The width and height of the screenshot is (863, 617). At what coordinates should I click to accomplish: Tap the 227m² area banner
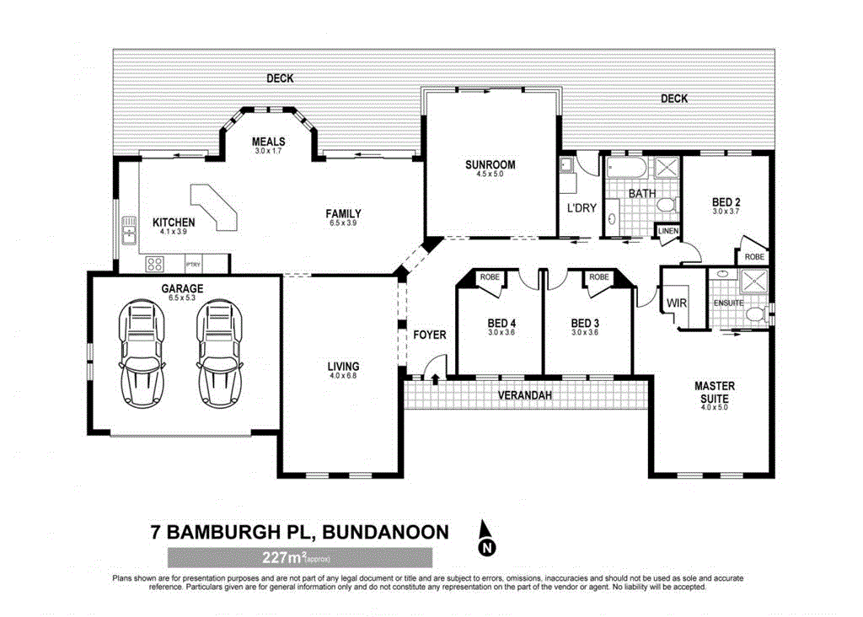[299, 557]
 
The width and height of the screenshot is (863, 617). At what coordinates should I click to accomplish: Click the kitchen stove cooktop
[155, 264]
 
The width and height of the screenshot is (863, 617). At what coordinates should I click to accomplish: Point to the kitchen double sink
[129, 230]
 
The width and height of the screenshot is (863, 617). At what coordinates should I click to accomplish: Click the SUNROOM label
[490, 164]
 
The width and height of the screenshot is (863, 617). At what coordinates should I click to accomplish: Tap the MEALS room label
[268, 142]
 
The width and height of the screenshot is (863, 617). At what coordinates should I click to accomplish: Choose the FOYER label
[429, 335]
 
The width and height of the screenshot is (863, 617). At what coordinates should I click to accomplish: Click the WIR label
[677, 302]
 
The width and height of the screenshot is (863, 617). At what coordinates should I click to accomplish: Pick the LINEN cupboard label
[668, 230]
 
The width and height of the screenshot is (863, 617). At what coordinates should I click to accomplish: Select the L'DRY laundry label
[581, 207]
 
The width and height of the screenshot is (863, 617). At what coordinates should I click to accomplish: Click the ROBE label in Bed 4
[489, 276]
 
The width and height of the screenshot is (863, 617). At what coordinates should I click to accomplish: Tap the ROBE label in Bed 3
[599, 276]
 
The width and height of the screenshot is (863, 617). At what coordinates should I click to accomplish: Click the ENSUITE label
[726, 302]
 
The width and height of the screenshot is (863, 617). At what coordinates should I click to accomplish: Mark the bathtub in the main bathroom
[626, 168]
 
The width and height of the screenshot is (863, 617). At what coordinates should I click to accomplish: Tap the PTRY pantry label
[193, 264]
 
